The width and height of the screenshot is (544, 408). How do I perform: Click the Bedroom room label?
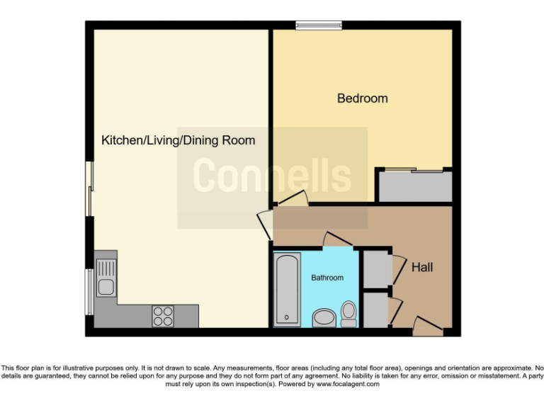(x=362, y=98)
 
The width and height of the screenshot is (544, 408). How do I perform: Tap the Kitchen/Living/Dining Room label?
(x=178, y=140)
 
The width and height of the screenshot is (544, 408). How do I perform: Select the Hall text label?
(x=422, y=267)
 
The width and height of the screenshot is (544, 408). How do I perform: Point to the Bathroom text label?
(x=327, y=278)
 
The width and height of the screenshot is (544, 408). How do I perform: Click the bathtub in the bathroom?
(x=286, y=288)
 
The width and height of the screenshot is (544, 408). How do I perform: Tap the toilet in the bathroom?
(x=348, y=313)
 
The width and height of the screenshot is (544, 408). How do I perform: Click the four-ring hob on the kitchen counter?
(x=163, y=315)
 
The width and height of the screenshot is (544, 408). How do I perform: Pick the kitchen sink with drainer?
(x=106, y=278)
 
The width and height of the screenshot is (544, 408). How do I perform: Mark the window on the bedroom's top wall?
(x=319, y=26)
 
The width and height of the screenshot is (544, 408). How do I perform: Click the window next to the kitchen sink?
(x=89, y=291)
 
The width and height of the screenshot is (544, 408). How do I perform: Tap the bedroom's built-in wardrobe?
(x=414, y=186)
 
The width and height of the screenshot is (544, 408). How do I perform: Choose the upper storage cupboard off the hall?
(x=376, y=268)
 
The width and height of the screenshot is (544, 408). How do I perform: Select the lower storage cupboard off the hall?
(x=376, y=310)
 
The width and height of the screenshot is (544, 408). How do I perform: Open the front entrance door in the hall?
(x=426, y=327)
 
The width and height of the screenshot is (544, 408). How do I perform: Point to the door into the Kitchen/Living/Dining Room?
(x=265, y=224)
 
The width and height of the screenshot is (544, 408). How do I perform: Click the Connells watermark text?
(x=272, y=176)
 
